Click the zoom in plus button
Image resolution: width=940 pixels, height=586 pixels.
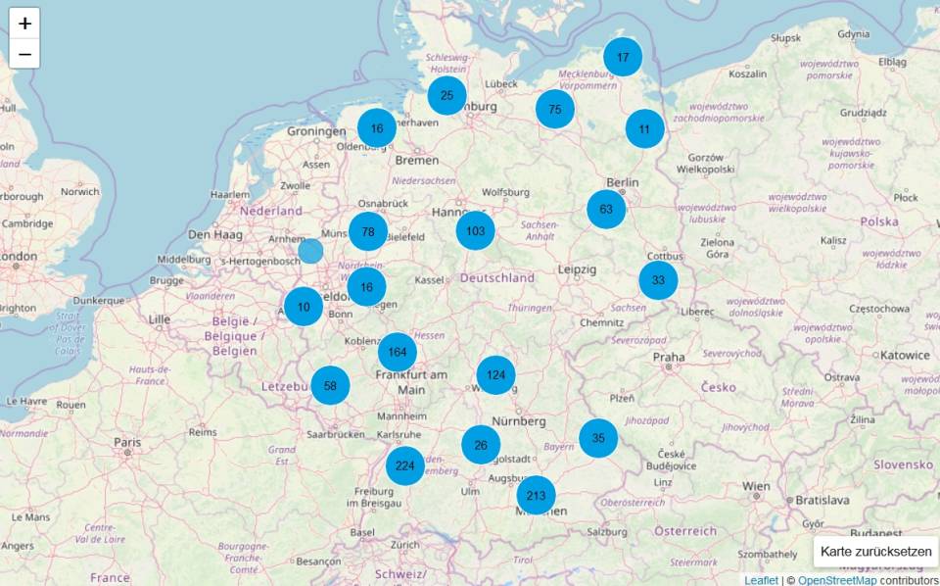[24, 23]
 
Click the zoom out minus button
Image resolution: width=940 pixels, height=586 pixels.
[24, 54]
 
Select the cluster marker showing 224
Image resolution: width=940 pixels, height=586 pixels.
[404, 465]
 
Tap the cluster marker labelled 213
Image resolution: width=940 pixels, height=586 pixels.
[536, 495]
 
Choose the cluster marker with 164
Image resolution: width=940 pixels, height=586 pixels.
[397, 353]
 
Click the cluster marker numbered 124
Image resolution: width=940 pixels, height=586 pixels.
[496, 375]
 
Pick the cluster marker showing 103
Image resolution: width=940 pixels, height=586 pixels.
[475, 231]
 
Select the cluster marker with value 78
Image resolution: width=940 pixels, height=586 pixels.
[368, 232]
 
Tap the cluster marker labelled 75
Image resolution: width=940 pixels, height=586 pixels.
[555, 109]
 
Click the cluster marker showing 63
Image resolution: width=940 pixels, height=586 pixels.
[606, 209]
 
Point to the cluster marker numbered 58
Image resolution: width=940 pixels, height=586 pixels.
[330, 385]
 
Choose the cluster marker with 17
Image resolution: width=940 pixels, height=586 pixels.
[623, 57]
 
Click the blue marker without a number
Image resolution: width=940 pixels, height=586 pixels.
[310, 251]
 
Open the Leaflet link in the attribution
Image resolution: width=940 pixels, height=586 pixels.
[761, 580]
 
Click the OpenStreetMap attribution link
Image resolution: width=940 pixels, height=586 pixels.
[837, 580]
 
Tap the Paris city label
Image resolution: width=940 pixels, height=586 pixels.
[126, 442]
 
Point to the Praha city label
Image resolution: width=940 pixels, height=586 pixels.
[669, 357]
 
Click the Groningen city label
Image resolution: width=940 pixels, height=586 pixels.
[318, 131]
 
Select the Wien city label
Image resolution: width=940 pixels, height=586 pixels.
[757, 486]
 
